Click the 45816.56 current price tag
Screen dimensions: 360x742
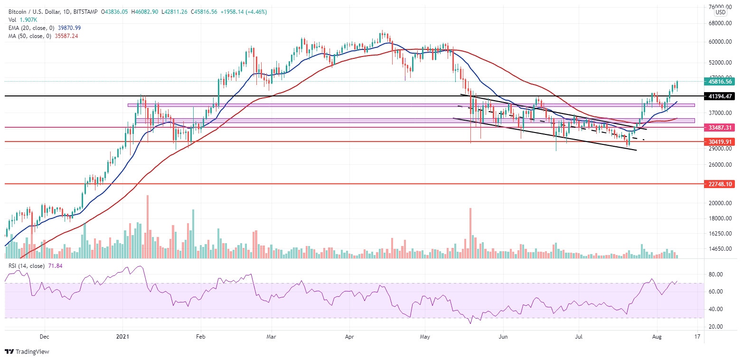click(x=720, y=82)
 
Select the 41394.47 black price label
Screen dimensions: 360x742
click(x=720, y=96)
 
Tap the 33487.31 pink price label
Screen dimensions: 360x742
click(x=720, y=127)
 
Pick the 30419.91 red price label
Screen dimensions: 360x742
click(x=720, y=142)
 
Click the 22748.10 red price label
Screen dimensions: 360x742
click(x=720, y=184)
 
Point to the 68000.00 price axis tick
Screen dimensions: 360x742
click(x=719, y=23)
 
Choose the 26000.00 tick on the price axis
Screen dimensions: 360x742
click(x=719, y=165)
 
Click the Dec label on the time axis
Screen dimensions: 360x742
click(x=44, y=337)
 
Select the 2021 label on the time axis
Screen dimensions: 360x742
click(x=123, y=337)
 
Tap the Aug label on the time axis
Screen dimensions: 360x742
click(x=657, y=337)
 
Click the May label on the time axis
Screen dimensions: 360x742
click(x=425, y=337)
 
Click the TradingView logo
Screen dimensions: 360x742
click(x=27, y=352)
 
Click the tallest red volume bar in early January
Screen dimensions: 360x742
click(x=148, y=226)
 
